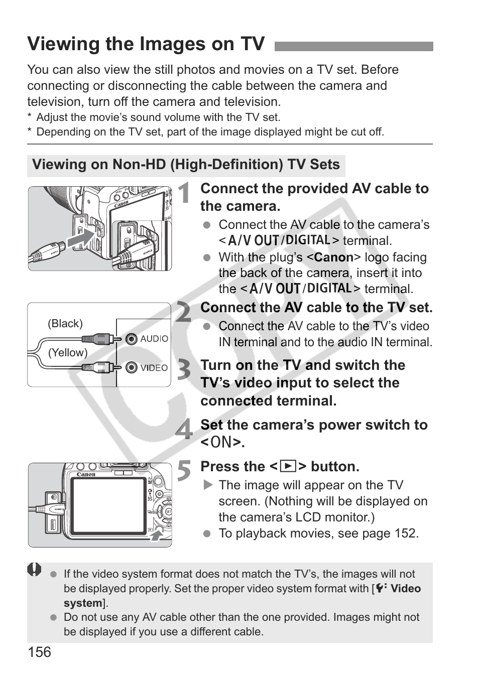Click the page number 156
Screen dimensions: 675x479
coord(39,652)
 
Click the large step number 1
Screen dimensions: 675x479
coord(184,194)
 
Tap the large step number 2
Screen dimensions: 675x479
coord(184,312)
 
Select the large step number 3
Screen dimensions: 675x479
coord(184,370)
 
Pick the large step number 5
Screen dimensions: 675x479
coord(184,471)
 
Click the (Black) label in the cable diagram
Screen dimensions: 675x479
coord(65,324)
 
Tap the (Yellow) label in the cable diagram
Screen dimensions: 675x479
coord(68,353)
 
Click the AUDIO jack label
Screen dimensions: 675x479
coord(154,339)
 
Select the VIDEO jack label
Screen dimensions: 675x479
coord(154,368)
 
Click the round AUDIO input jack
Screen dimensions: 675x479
coord(132,339)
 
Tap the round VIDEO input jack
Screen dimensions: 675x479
coord(132,368)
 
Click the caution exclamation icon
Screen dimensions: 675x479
coord(34,570)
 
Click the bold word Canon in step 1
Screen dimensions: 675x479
coord(333,257)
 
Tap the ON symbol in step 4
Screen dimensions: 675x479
coord(221,443)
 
